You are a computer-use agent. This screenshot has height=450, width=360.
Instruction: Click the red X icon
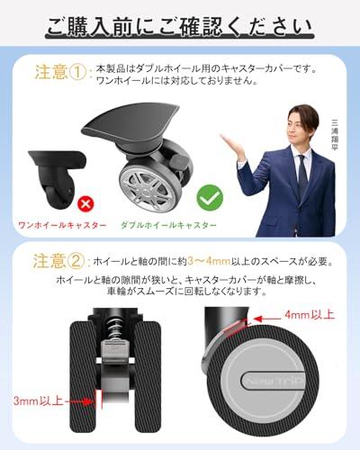[85, 204]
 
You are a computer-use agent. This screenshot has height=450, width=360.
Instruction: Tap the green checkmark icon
[210, 198]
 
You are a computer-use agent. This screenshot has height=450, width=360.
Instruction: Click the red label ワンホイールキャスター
[62, 225]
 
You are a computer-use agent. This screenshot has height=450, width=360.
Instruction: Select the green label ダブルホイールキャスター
[168, 225]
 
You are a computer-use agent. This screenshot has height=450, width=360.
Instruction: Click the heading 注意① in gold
[60, 72]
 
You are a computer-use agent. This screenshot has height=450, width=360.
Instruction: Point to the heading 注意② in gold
[58, 261]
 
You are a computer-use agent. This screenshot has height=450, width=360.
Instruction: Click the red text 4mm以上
[310, 315]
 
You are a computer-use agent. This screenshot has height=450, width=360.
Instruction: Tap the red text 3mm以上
[38, 400]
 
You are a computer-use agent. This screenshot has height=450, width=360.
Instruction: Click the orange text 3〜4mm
[209, 262]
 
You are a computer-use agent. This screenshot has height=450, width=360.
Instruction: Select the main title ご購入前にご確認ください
[180, 27]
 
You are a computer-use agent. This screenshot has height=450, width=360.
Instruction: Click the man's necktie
[302, 174]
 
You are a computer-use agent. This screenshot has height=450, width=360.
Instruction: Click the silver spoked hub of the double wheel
[148, 187]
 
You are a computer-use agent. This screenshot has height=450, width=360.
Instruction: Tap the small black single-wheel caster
[57, 179]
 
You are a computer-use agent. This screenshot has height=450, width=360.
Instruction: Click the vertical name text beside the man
[334, 135]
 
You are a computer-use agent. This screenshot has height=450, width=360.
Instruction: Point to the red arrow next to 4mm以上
[266, 319]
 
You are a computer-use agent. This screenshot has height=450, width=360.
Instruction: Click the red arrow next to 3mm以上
[80, 401]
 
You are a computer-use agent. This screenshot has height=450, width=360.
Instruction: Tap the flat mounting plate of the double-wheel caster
[130, 120]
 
